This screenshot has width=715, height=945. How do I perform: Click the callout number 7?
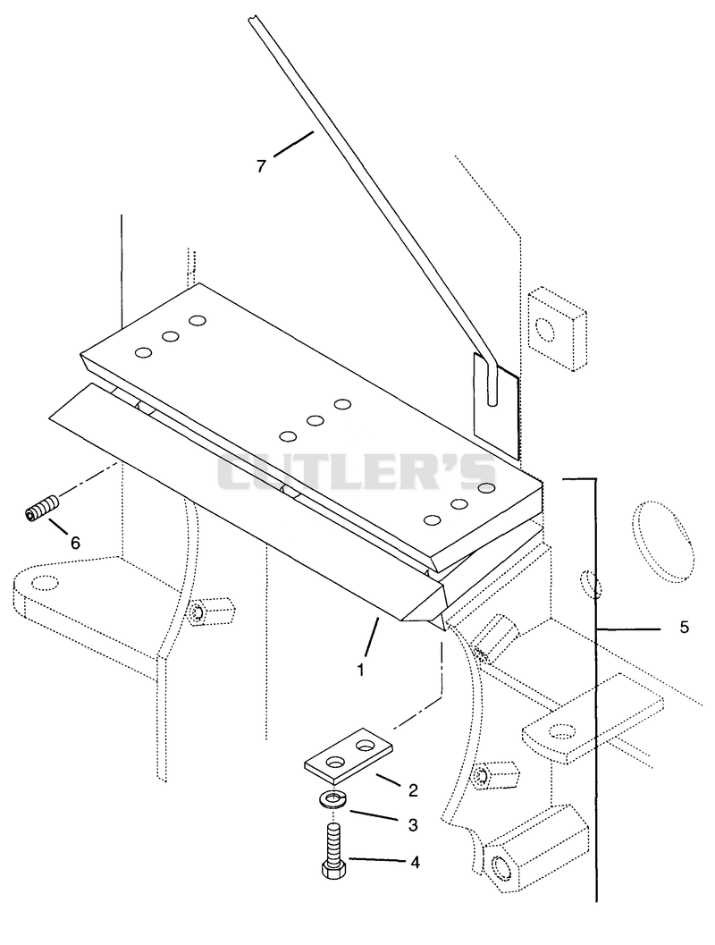pyautogui.click(x=261, y=165)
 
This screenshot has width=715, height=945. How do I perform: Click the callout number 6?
pyautogui.click(x=75, y=543)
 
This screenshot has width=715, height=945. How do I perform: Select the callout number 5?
pyautogui.click(x=685, y=628)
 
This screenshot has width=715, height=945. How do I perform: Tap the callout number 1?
pyautogui.click(x=361, y=670)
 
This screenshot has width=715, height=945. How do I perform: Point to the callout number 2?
pyautogui.click(x=413, y=790)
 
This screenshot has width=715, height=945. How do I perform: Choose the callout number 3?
pyautogui.click(x=413, y=824)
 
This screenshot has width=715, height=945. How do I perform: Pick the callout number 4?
pyautogui.click(x=415, y=863)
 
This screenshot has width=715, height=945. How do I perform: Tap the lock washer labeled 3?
pyautogui.click(x=332, y=800)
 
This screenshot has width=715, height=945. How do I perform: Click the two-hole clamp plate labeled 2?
pyautogui.click(x=348, y=753)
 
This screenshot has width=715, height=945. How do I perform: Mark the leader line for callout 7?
pyautogui.click(x=294, y=144)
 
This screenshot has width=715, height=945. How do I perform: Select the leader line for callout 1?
pyautogui.click(x=372, y=637)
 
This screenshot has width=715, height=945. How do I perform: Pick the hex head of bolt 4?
pyautogui.click(x=333, y=869)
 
